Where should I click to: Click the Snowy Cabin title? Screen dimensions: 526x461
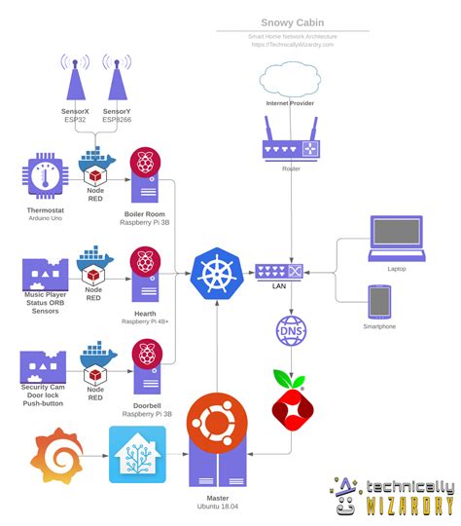click(292, 22)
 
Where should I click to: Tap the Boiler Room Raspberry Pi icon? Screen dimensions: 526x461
click(146, 176)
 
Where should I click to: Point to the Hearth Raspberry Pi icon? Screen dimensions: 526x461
click(146, 276)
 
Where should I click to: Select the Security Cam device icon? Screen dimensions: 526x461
click(42, 366)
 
